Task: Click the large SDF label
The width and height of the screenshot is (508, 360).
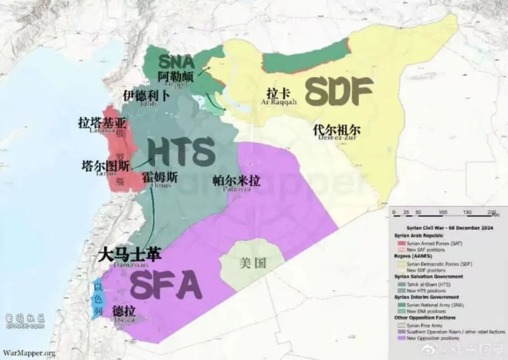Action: (339, 91)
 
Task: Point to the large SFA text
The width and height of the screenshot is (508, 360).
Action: (166, 285)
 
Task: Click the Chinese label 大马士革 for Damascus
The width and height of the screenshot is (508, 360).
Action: (130, 255)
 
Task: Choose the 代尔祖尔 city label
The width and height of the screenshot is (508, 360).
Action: (337, 129)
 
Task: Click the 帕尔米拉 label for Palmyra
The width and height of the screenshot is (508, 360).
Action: (237, 180)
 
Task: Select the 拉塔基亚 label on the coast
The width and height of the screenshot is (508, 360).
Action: (103, 123)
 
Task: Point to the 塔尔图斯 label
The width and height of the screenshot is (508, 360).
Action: (105, 166)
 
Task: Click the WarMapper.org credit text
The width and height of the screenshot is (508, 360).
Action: (29, 352)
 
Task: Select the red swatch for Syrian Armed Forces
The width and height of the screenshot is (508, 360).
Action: (402, 243)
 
